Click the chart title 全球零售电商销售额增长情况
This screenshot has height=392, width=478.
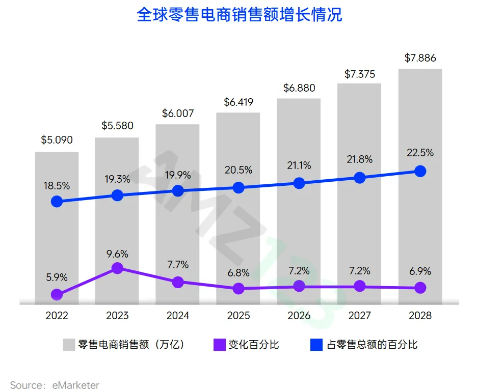click(x=239, y=15)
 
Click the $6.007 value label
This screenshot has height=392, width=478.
click(x=178, y=114)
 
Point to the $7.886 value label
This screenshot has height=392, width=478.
click(x=420, y=58)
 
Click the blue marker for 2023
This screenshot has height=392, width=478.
click(x=117, y=195)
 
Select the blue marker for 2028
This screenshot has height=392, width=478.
click(x=420, y=171)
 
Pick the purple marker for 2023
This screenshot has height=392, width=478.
click(x=117, y=268)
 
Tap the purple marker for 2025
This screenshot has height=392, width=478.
click(x=238, y=288)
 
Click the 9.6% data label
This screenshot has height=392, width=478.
click(x=117, y=254)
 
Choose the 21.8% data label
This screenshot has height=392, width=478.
click(x=359, y=159)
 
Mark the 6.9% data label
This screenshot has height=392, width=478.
click(x=420, y=271)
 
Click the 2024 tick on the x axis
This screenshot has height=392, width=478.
click(x=178, y=316)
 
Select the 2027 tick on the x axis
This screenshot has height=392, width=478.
click(x=359, y=316)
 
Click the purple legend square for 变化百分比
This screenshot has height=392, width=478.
click(x=219, y=345)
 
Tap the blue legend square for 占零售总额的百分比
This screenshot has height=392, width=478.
click(x=316, y=345)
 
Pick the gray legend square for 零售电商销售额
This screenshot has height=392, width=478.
click(x=69, y=345)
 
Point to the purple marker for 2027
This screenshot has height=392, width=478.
click(x=360, y=286)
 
